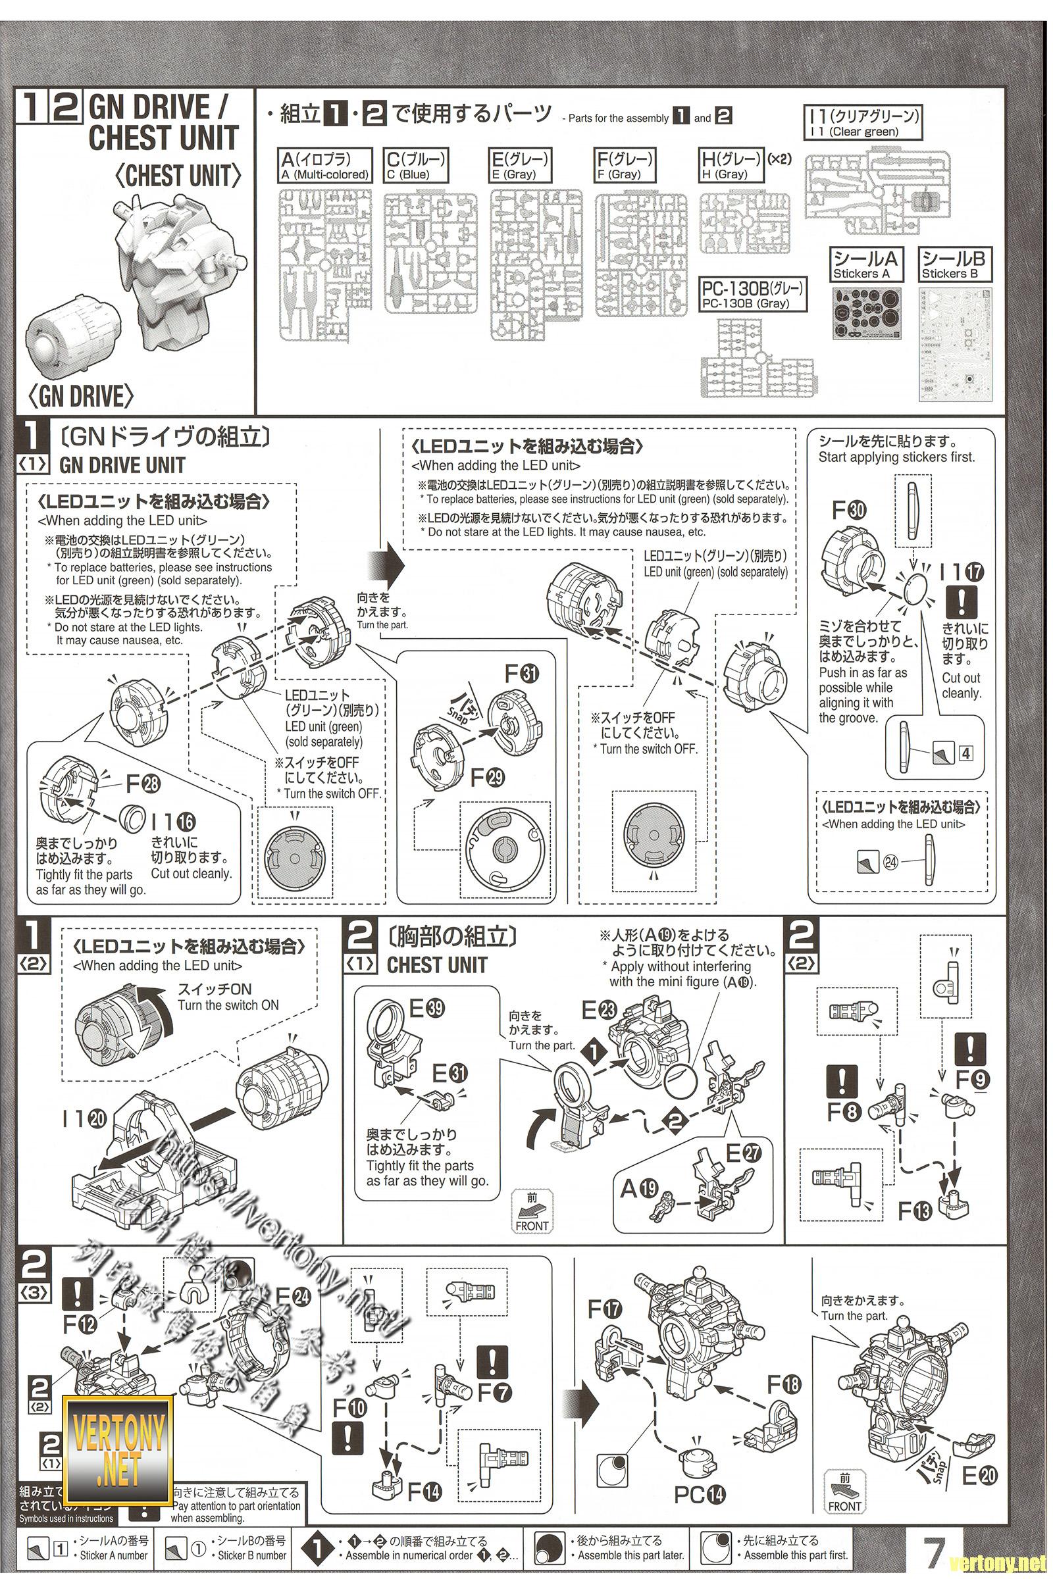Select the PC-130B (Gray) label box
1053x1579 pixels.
(752, 295)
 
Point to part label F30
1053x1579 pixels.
(850, 511)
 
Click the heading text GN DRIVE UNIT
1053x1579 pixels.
(122, 466)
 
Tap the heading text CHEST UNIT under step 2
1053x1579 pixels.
(436, 965)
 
